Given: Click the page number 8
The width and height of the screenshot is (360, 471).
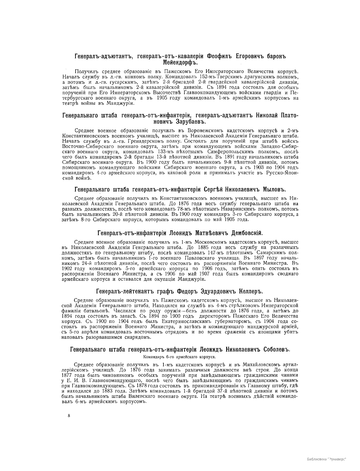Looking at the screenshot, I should click(69, 415).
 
